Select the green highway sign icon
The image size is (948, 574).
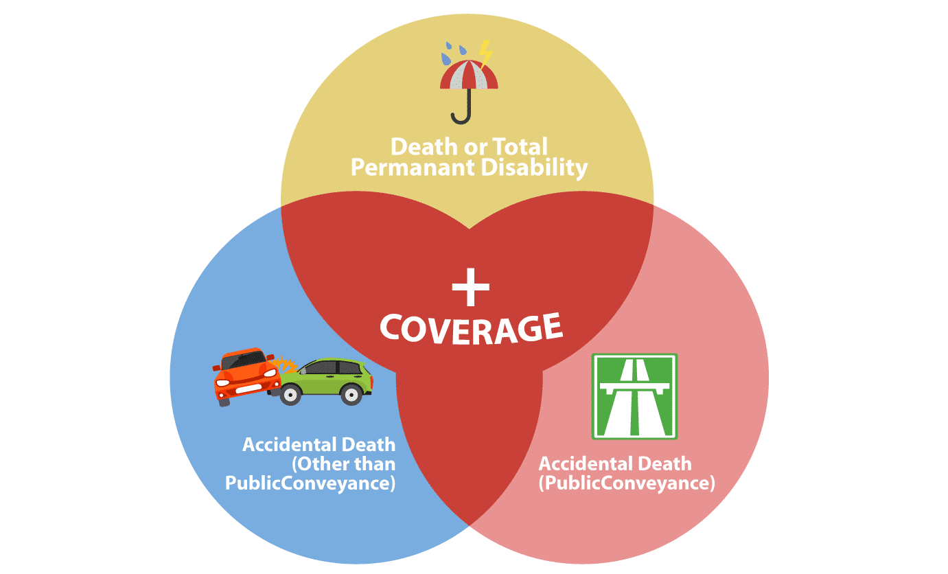(634, 396)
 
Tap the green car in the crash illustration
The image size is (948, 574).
(328, 380)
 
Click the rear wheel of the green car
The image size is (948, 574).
(352, 394)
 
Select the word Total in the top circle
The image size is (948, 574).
(519, 146)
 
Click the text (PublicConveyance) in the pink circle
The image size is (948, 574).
(627, 483)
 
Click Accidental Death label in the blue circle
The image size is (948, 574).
(319, 444)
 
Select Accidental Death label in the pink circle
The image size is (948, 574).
(615, 463)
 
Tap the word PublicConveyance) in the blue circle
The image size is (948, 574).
(310, 483)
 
